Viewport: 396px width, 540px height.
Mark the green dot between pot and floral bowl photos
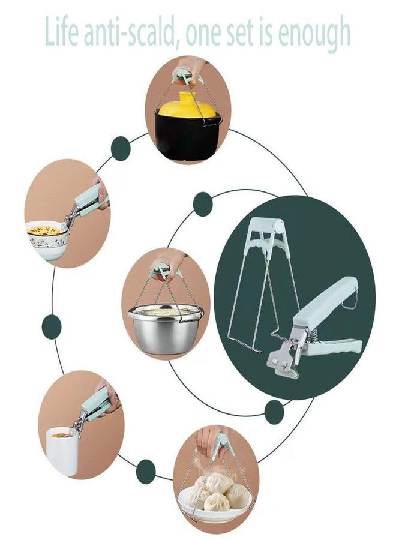coord(121,148)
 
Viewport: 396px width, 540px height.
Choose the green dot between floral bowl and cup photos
coord(52,326)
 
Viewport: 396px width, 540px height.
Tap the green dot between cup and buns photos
coord(146,472)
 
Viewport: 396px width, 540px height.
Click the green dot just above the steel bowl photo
coord(202,204)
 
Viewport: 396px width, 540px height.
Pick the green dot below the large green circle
coord(274,412)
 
